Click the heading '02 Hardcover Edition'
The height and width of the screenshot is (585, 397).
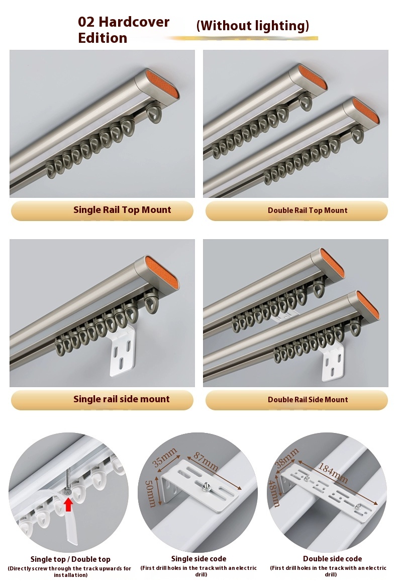[x=124, y=30]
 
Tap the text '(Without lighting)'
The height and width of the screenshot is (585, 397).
[x=252, y=26]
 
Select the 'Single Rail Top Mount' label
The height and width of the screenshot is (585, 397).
[x=122, y=210]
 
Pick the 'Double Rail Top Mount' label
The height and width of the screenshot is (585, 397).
[x=308, y=210]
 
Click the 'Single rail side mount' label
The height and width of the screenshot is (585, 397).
[x=122, y=399]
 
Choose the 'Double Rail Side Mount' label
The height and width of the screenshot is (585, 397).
[x=308, y=400]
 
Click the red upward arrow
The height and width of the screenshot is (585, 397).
[x=68, y=503]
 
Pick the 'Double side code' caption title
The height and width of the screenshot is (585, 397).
[x=332, y=559]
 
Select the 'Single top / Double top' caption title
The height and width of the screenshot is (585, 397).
[x=70, y=559]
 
